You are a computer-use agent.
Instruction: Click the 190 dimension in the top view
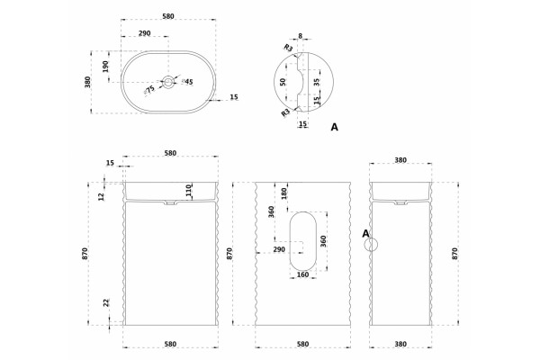point(105,67)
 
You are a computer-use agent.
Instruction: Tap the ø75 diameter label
point(149,90)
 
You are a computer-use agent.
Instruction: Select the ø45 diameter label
point(188,82)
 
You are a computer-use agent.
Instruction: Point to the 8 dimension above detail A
point(301,35)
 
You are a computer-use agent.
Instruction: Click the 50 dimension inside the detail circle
point(283,82)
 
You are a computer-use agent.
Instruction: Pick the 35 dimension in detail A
point(317,82)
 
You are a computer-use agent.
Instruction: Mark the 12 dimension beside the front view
point(101,197)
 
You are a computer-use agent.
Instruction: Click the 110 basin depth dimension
point(188,190)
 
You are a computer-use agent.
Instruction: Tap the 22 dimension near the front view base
point(106,302)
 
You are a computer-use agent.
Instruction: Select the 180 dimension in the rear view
point(284,193)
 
